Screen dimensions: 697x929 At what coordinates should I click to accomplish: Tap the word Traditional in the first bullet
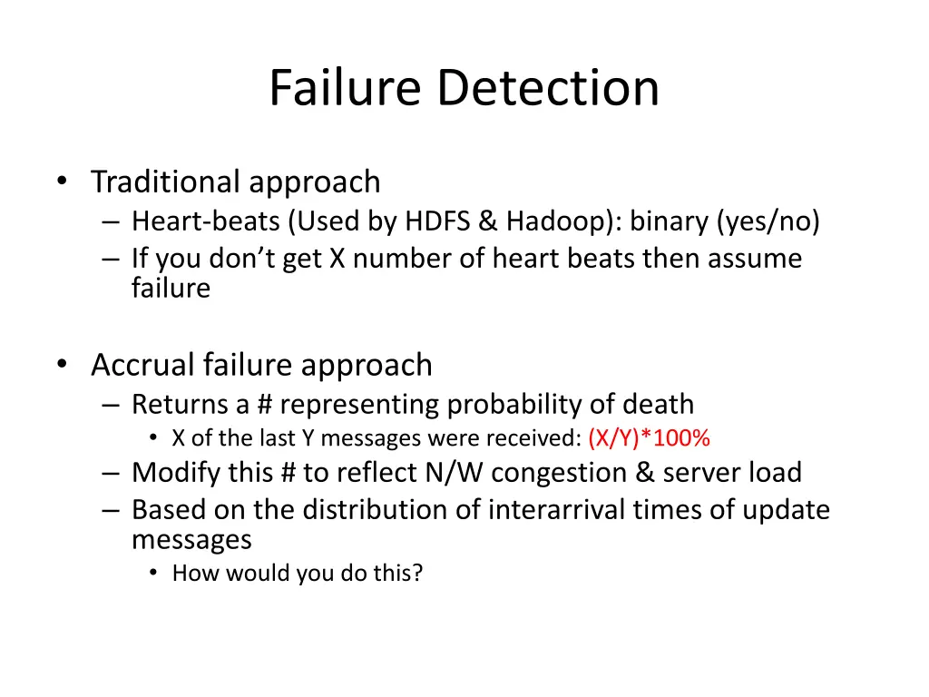pos(168,182)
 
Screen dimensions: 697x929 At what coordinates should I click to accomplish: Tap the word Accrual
pos(142,365)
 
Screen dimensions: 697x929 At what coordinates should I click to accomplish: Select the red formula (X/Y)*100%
pos(649,438)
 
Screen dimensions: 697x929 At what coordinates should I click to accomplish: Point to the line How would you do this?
pos(298,573)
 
